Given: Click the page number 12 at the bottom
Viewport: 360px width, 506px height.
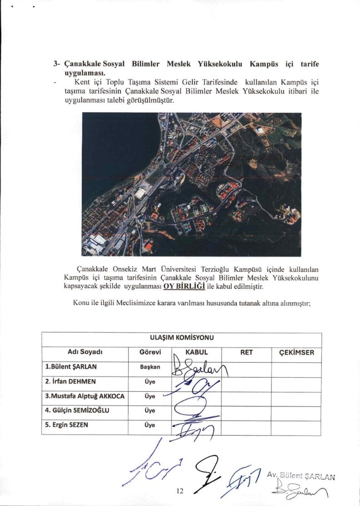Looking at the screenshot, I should pos(180,491).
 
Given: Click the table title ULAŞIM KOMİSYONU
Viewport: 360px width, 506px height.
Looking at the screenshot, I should pos(181,338).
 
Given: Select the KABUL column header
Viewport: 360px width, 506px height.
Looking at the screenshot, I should pos(196,352).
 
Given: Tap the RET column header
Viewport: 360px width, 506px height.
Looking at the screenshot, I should pos(246,352).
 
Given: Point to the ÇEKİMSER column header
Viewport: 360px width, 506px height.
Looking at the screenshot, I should pos(296,352).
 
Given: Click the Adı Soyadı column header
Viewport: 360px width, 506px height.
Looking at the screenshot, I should pos(84,352).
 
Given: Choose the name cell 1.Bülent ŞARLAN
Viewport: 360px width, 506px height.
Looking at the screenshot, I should pos(71,366).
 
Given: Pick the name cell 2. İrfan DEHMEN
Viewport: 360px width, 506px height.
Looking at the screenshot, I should pos(70,381).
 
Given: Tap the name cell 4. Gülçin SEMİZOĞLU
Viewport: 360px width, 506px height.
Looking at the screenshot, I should pos(77,411).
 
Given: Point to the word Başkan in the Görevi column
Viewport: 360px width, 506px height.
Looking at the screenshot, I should pos(150,367).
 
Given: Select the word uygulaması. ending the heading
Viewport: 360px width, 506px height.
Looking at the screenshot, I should pos(85,72).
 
